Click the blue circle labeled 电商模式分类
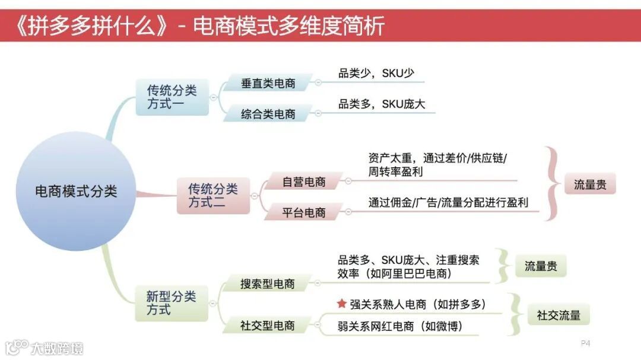76,191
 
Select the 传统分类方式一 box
172,97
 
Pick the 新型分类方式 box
171,302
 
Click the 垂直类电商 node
268,84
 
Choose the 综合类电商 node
268,113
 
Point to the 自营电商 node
304,182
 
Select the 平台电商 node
304,212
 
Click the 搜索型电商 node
268,283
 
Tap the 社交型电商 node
268,326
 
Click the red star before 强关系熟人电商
341,304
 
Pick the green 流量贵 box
540,266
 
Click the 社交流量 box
559,315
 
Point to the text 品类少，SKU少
376,74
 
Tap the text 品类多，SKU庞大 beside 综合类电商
382,104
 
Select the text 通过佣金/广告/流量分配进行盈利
448,202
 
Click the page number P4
585,343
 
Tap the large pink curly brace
553,184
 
